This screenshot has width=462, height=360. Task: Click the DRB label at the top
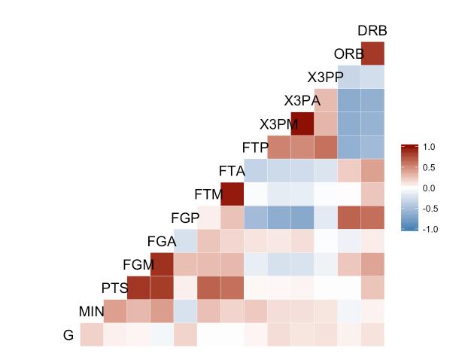372,31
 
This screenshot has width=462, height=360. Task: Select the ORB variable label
348,54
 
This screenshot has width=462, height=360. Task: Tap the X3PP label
325,78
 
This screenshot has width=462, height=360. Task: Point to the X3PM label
279,124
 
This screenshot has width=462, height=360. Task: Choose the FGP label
185,218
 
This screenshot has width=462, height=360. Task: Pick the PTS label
115,288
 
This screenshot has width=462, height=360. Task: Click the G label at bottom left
68,335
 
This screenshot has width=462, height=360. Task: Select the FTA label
233,171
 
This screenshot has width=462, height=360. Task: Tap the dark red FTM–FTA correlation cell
233,194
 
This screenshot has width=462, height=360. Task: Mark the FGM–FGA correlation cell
162,264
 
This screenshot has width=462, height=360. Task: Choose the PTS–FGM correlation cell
138,288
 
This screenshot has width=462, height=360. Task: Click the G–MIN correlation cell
92,334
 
